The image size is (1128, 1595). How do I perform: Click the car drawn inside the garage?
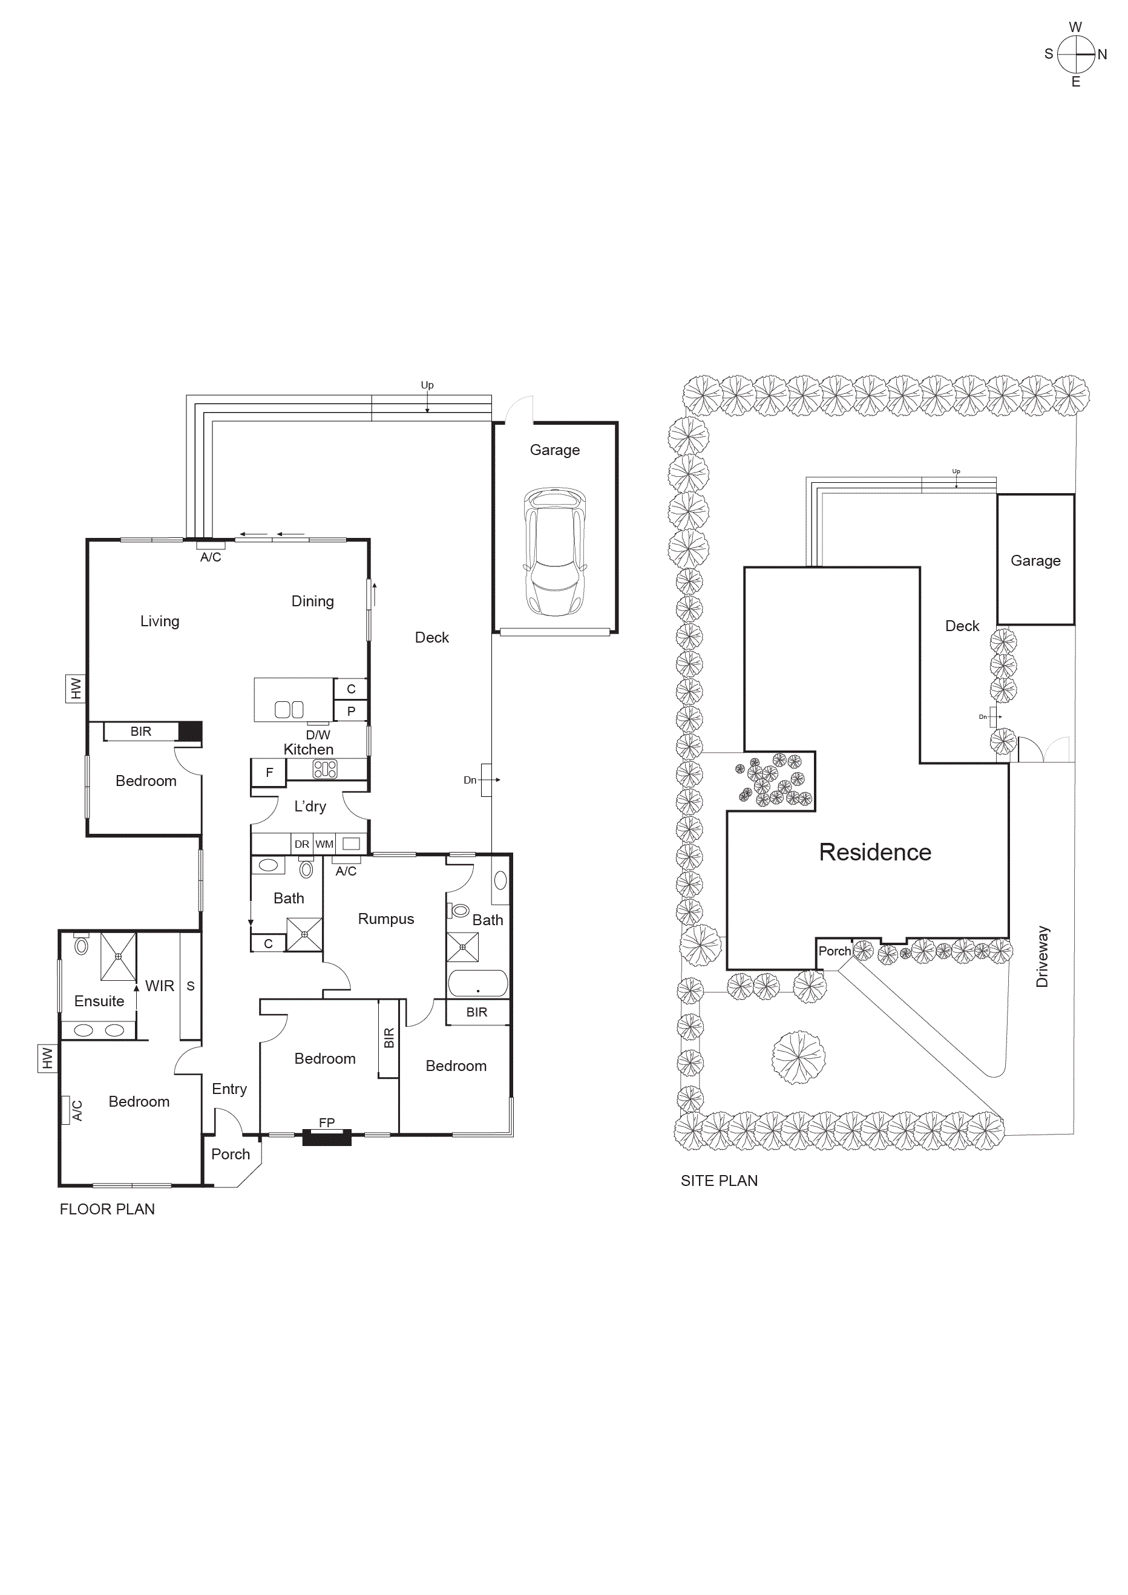[554, 552]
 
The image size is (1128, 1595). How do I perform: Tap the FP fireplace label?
[326, 1122]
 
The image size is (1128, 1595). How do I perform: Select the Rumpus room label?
[385, 919]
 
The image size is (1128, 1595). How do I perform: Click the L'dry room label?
[310, 806]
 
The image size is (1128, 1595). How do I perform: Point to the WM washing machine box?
[324, 844]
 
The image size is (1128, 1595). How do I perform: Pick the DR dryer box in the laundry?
[301, 844]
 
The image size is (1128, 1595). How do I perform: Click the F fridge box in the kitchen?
[269, 772]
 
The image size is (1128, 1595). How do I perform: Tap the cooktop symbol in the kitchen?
[325, 769]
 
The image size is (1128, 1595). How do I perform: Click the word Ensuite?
[99, 1001]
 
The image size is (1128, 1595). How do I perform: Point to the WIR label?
[160, 986]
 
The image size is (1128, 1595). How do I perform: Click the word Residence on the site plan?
[874, 852]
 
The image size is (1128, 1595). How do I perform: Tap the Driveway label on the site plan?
[1042, 956]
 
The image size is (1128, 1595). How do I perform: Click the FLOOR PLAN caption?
[107, 1209]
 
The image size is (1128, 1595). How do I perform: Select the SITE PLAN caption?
[719, 1181]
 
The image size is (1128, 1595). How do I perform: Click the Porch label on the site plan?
[834, 951]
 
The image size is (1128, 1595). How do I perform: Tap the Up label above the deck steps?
[427, 385]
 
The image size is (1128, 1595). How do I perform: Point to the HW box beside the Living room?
[76, 689]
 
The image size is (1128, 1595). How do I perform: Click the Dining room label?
[313, 601]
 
